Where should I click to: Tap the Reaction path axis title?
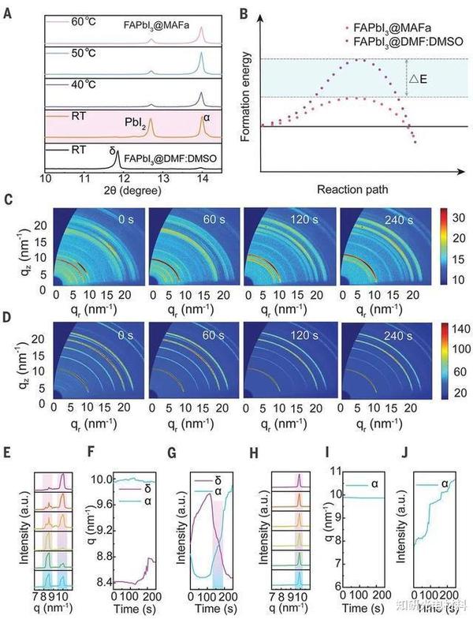click(361, 190)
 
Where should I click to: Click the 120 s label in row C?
click(304, 216)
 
